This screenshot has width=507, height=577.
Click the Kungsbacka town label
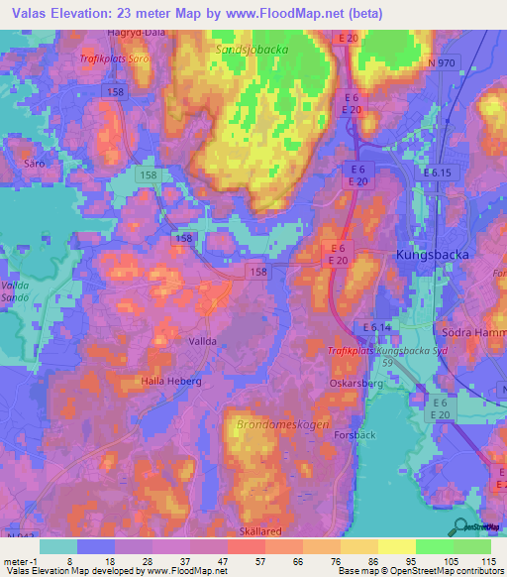point(437,254)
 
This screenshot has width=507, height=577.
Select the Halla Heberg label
point(171,381)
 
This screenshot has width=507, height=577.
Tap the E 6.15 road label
point(437,173)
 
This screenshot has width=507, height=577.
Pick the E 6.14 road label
point(377,327)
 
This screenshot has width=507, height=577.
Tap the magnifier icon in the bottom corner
point(461,526)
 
